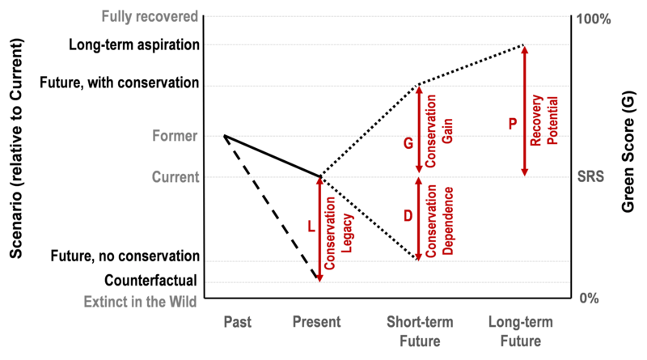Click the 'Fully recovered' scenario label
150,17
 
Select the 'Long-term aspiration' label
134,44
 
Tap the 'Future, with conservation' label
119,83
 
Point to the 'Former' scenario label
175,136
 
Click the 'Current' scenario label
175,177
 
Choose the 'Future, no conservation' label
125,256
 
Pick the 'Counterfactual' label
150,281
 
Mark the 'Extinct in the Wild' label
140,302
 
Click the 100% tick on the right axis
594,19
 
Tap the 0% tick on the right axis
590,298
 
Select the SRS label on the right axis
590,176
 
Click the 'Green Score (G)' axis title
628,151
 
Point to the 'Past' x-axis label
237,322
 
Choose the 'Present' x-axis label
316,322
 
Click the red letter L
311,227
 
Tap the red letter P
513,124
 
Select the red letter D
408,216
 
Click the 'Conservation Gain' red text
439,131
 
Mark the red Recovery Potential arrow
524,111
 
